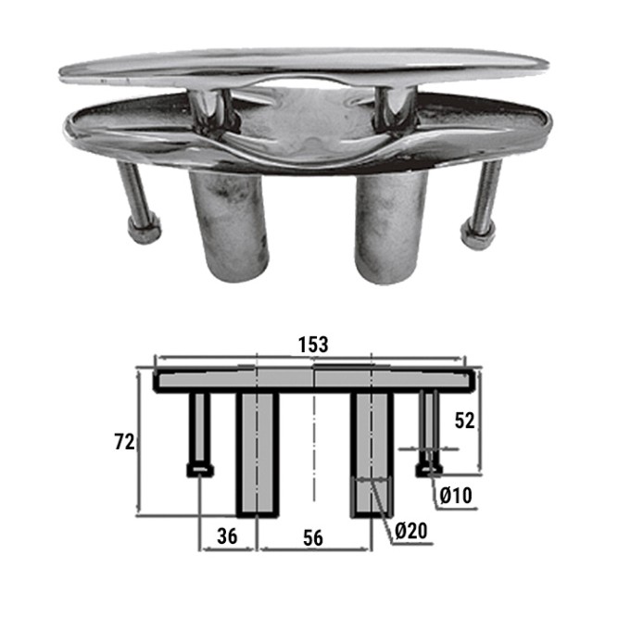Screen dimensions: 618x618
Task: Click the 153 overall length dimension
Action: [313, 345]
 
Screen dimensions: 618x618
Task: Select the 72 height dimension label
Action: [124, 442]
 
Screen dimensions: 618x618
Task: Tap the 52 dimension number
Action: [465, 421]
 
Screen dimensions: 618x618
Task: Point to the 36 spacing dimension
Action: [227, 536]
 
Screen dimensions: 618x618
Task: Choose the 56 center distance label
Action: [313, 538]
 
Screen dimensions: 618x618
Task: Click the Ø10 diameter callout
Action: [456, 496]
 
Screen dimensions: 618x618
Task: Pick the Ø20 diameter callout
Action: [410, 531]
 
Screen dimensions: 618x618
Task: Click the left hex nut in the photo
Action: [145, 230]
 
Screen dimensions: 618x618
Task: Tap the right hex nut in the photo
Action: [477, 235]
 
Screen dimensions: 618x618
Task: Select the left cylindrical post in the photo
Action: [229, 224]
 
